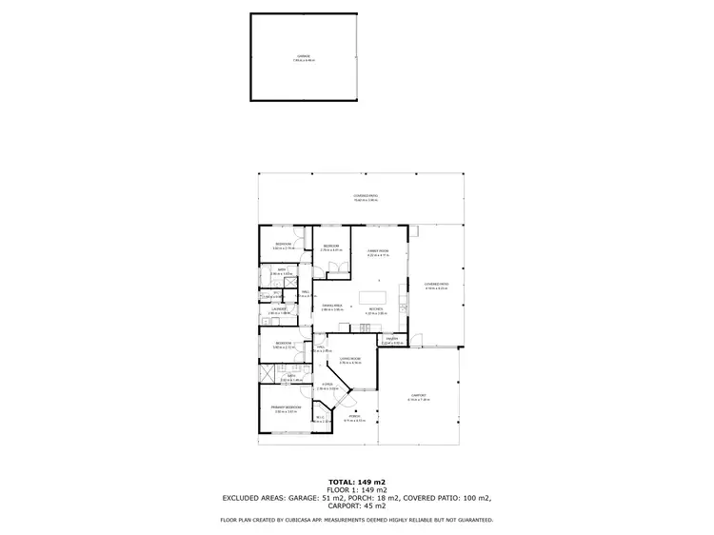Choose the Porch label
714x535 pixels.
pyautogui.click(x=353, y=417)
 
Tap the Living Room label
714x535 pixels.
pyautogui.click(x=349, y=359)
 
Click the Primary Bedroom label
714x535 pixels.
pyautogui.click(x=288, y=408)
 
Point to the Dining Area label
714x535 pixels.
pyautogui.click(x=331, y=306)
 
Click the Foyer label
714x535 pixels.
pyautogui.click(x=327, y=385)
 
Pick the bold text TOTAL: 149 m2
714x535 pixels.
pyautogui.click(x=356, y=482)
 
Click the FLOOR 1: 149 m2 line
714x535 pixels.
pyautogui.click(x=356, y=489)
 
